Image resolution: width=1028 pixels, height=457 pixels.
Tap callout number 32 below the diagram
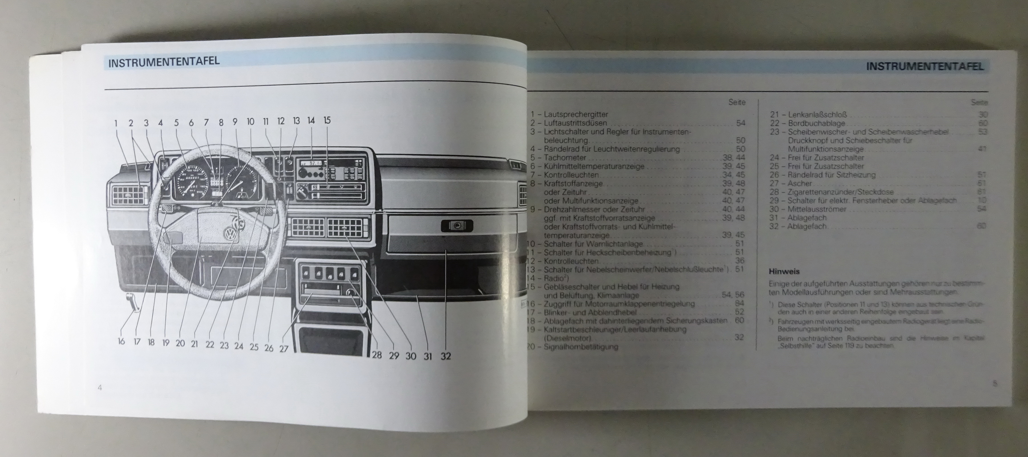[x=445, y=356]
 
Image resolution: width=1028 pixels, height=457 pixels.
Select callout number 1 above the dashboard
[x=116, y=123]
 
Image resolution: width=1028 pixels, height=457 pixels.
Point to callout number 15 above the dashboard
[x=327, y=120]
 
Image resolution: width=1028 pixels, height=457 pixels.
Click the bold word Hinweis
[x=784, y=272]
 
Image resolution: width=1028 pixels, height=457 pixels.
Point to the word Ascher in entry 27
[x=799, y=184]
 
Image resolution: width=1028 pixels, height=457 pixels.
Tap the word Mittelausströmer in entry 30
[x=817, y=209]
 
